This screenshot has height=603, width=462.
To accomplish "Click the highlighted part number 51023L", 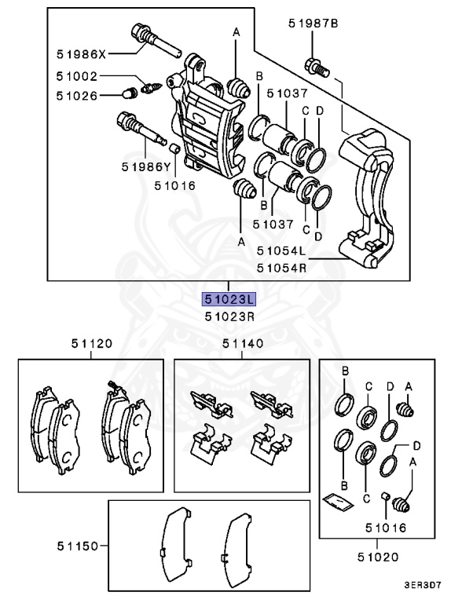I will pyautogui.click(x=228, y=299).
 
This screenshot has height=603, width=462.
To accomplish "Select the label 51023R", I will pyautogui.click(x=228, y=316).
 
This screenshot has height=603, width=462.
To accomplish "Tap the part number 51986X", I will pyautogui.click(x=81, y=54).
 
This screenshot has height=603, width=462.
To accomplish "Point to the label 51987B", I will pyautogui.click(x=313, y=24).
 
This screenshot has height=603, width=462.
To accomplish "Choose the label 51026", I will pyautogui.click(x=77, y=96).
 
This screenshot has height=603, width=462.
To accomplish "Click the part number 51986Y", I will pyautogui.click(x=146, y=166).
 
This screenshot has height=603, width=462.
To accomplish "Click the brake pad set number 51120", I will pyautogui.click(x=91, y=343).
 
